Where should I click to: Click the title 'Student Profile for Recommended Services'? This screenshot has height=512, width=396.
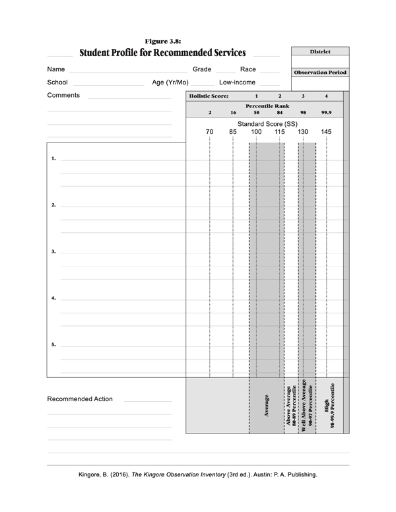tap(162, 52)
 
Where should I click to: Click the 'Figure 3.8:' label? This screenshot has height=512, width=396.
tap(162, 41)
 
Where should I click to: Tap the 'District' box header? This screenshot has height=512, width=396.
tap(320, 51)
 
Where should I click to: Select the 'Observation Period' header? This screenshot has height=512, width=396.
tap(320, 72)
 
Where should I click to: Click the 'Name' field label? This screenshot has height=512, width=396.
tap(56, 69)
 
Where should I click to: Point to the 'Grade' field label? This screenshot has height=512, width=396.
tap(202, 69)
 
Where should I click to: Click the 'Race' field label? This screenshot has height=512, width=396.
tap(248, 69)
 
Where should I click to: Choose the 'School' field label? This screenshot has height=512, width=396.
tap(57, 82)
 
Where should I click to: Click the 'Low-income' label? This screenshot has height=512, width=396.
tap(238, 82)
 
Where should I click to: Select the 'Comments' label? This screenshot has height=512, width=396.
tap(63, 95)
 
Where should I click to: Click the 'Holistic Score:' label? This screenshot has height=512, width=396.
tap(209, 96)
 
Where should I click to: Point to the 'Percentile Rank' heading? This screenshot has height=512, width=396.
tap(267, 106)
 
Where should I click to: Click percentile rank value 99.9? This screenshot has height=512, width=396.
tap(326, 113)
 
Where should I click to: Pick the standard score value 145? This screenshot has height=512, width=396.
tap(326, 132)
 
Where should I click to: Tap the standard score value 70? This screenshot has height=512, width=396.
tap(210, 132)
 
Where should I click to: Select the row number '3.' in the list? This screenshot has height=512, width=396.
tap(53, 252)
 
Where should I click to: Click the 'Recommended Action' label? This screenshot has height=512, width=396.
tap(80, 399)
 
